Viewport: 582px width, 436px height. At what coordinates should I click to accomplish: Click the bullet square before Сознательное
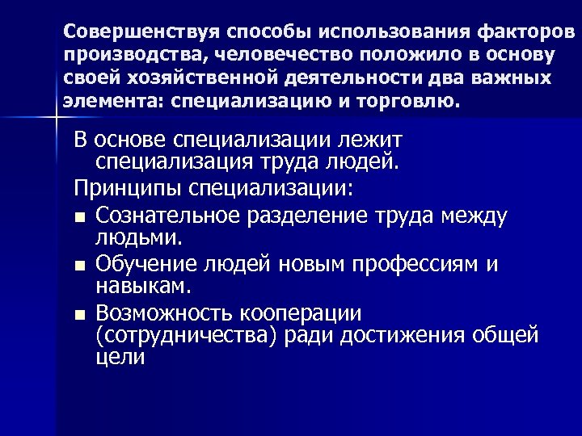[x=78, y=217]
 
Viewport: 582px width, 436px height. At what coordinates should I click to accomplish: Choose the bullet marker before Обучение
[x=78, y=266]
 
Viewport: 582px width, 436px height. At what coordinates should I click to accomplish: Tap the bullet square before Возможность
[x=78, y=314]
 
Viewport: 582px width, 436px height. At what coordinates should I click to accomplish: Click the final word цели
[x=120, y=357]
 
